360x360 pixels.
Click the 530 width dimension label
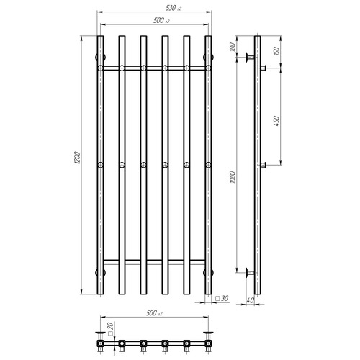(173, 8)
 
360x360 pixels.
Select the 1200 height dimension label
(76, 158)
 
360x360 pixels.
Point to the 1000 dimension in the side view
(232, 177)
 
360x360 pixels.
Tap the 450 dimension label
(276, 121)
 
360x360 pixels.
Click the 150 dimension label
(276, 51)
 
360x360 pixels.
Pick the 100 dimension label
(232, 48)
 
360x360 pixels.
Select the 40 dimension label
(250, 300)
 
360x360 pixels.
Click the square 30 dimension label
(222, 298)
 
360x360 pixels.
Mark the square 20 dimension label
(110, 329)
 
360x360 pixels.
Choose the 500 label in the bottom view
(154, 313)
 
